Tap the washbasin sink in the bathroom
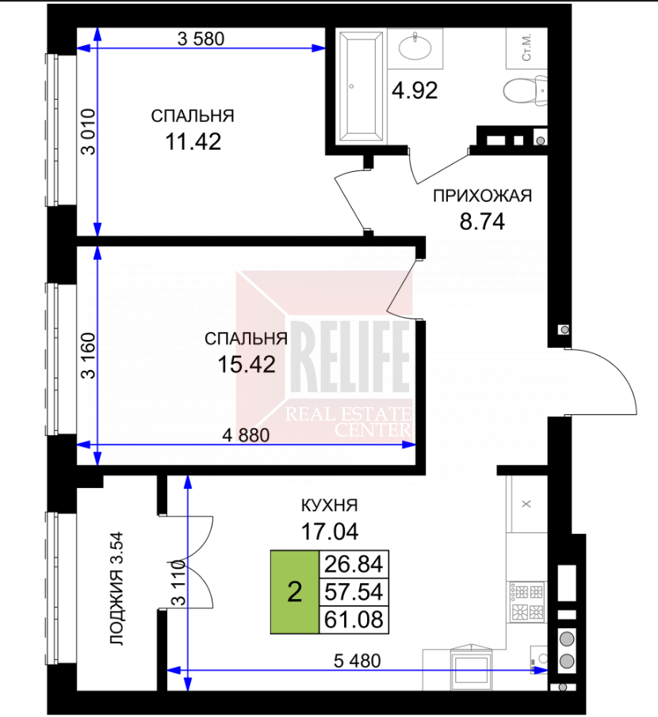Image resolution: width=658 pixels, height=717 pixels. click(x=415, y=48)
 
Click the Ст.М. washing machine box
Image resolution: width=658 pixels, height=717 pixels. click(x=526, y=48)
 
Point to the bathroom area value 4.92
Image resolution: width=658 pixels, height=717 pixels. click(x=415, y=90)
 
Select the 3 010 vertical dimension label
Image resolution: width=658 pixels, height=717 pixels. click(x=88, y=132)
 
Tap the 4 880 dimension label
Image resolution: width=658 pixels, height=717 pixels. click(x=246, y=435)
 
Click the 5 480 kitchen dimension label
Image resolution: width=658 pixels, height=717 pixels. click(x=357, y=660)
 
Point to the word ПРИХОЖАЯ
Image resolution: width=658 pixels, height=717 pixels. click(x=482, y=196)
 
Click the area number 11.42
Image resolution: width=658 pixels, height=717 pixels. click(x=193, y=141)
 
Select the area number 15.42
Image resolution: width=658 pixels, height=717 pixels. click(x=247, y=364)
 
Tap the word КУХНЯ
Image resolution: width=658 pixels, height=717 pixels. click(x=330, y=505)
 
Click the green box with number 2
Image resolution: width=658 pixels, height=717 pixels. click(x=295, y=592)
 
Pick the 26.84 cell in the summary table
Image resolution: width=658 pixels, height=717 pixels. click(x=354, y=564)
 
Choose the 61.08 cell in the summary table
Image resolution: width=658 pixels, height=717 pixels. click(x=354, y=620)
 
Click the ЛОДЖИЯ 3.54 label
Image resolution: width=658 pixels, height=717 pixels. click(x=117, y=588)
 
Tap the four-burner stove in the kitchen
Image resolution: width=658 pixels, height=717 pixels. click(x=527, y=601)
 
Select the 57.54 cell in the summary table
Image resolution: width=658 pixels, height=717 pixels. click(x=354, y=592)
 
